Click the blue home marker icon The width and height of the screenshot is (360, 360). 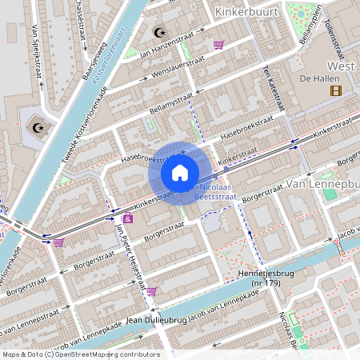pyautogui.click(x=180, y=172)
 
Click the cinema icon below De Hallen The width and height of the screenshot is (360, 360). pyautogui.click(x=334, y=90)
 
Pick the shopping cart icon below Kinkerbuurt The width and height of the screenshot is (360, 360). pyautogui.click(x=218, y=45)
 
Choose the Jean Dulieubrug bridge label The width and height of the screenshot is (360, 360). pyautogui.click(x=157, y=319)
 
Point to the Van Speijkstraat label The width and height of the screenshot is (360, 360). pyautogui.click(x=37, y=50)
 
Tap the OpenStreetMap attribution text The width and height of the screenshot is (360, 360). pyautogui.click(x=80, y=354)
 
